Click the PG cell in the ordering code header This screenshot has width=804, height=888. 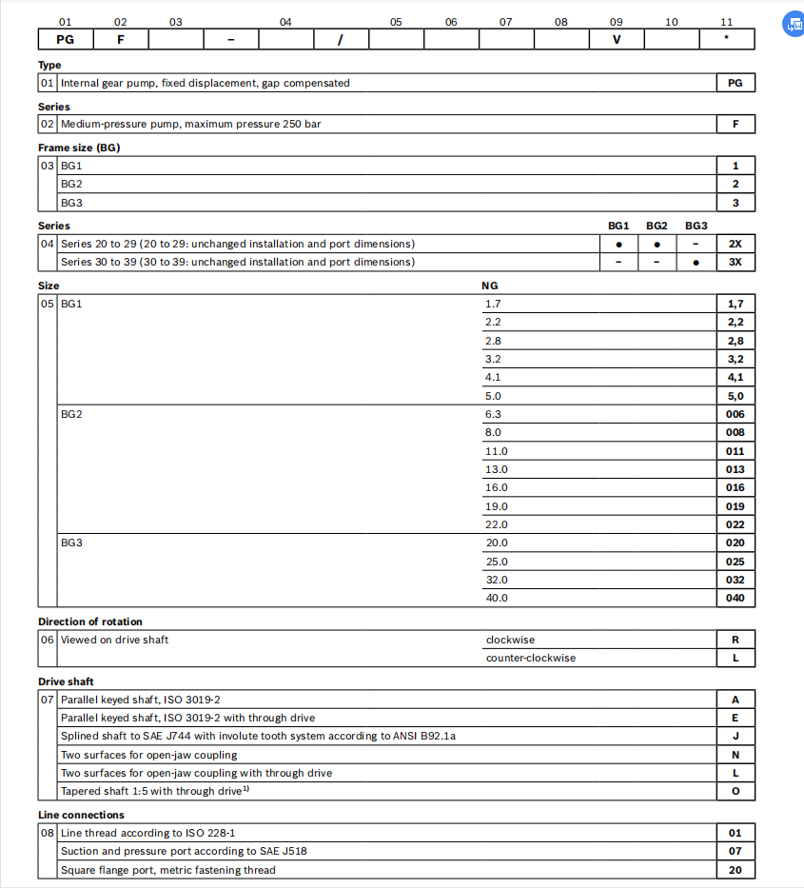(65, 39)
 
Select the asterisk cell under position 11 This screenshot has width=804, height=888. (726, 39)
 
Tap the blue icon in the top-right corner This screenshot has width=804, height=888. (792, 26)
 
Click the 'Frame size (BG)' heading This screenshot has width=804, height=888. (79, 148)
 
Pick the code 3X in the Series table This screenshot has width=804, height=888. (735, 262)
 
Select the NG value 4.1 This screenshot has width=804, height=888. (493, 377)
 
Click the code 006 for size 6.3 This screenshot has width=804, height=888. (735, 414)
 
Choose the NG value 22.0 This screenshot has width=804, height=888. (496, 524)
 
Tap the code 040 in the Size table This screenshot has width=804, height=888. (735, 598)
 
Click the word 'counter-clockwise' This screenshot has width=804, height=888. (530, 658)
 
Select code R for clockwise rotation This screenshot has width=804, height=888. (735, 640)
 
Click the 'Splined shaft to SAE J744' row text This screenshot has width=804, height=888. (264, 736)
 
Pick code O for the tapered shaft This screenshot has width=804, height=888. (735, 791)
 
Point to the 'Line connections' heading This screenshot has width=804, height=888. (81, 815)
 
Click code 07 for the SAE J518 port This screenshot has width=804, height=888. (735, 851)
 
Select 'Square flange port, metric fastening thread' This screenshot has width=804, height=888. (167, 870)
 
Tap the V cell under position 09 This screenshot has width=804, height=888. (616, 39)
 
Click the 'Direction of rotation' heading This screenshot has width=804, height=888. (90, 622)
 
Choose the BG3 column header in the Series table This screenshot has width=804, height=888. (696, 226)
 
